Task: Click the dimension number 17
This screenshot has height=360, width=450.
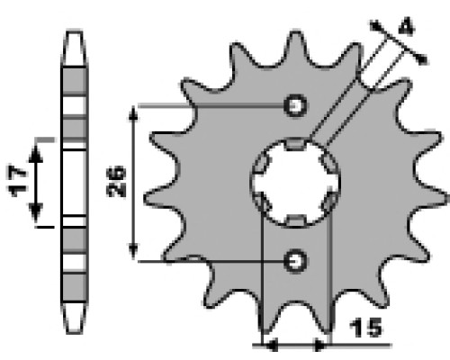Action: (x=17, y=181)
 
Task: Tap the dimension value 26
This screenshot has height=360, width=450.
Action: (x=116, y=181)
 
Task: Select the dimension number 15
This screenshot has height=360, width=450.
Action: (x=366, y=328)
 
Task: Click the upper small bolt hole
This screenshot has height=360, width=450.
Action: (x=296, y=105)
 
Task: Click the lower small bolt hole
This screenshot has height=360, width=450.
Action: (x=296, y=261)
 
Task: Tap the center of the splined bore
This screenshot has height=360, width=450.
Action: (x=295, y=182)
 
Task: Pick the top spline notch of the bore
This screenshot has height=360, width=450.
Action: (x=295, y=143)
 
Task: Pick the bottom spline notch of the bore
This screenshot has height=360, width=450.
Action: (x=295, y=220)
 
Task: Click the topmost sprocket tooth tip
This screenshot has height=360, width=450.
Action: (x=296, y=32)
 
